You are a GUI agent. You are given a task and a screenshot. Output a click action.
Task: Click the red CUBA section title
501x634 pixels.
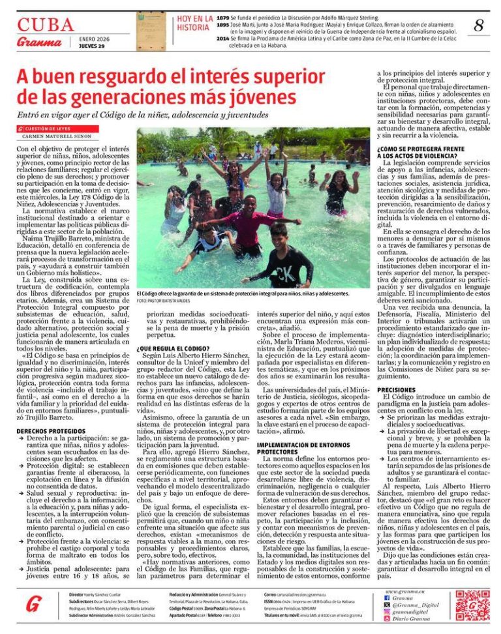(x=46, y=25)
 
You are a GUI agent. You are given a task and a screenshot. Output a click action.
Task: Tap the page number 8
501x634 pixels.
(x=478, y=26)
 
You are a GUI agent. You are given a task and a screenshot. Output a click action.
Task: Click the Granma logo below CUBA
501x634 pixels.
(x=39, y=43)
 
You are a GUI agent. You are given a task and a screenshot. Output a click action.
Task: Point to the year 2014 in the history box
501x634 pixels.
(x=222, y=38)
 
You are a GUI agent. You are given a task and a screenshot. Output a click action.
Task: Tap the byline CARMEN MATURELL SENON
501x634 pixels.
(x=57, y=136)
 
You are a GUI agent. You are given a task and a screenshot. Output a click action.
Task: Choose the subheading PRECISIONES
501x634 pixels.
(x=395, y=389)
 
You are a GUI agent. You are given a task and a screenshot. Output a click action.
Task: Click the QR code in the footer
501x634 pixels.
(x=472, y=605)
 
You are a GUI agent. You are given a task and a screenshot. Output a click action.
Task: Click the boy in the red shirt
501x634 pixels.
(x=248, y=225)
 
